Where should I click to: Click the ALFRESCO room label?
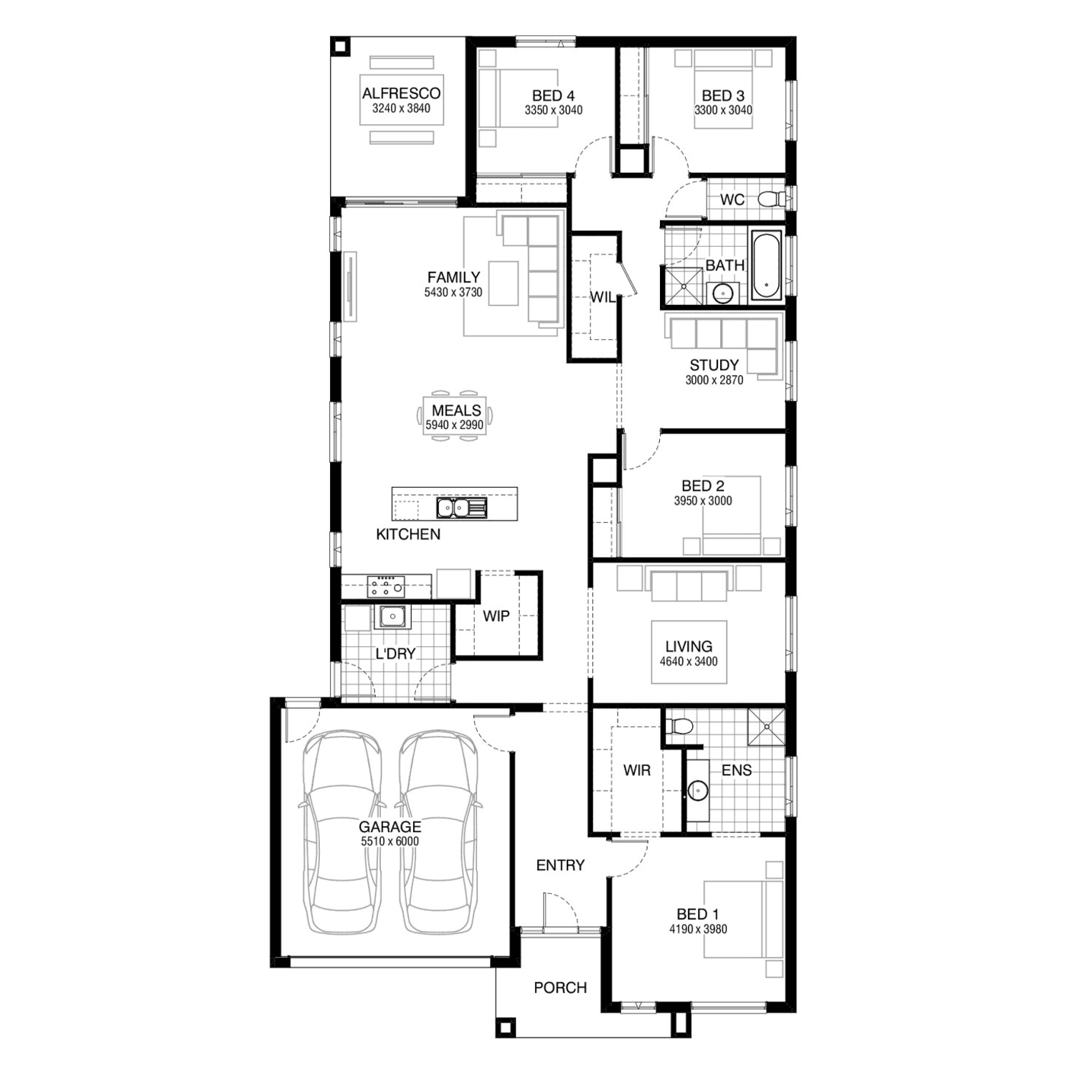tap(401, 93)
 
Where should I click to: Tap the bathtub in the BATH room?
tap(766, 265)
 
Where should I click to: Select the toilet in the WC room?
tap(772, 199)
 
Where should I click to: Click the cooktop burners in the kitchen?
tap(386, 586)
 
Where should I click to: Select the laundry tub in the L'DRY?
tap(392, 616)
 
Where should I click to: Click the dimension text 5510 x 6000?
tap(390, 841)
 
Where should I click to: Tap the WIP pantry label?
tap(496, 616)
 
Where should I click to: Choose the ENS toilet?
tap(678, 726)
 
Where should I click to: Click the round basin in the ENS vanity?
tap(697, 791)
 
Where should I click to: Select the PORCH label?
tap(560, 988)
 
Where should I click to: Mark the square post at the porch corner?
tap(506, 1027)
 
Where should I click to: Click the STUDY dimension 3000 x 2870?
tap(714, 380)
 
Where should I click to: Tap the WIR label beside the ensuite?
tap(637, 770)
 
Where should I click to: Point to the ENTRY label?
tap(560, 865)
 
